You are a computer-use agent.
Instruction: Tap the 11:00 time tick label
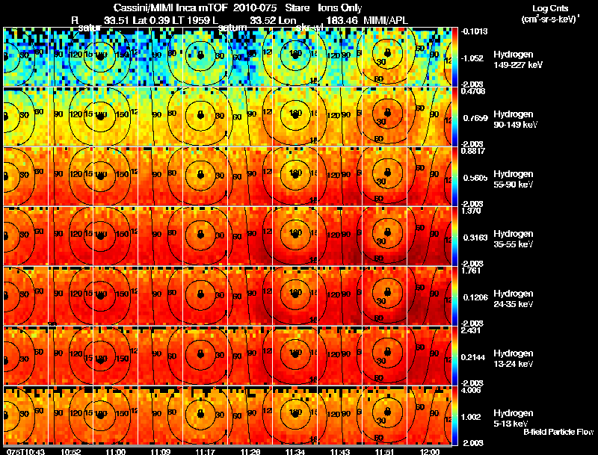pos(115,451)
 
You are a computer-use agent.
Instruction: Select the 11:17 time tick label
pos(204,451)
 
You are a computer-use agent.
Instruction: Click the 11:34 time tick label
pos(294,451)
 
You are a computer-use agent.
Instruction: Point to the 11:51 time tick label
pos(384,451)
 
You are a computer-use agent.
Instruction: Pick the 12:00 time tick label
pos(429,451)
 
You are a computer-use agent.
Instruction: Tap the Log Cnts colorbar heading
pos(546,7)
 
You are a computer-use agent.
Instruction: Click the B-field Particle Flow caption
pos(558,432)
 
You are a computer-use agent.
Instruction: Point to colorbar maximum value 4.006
pos(471,389)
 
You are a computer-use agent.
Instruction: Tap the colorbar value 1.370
pos(471,210)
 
